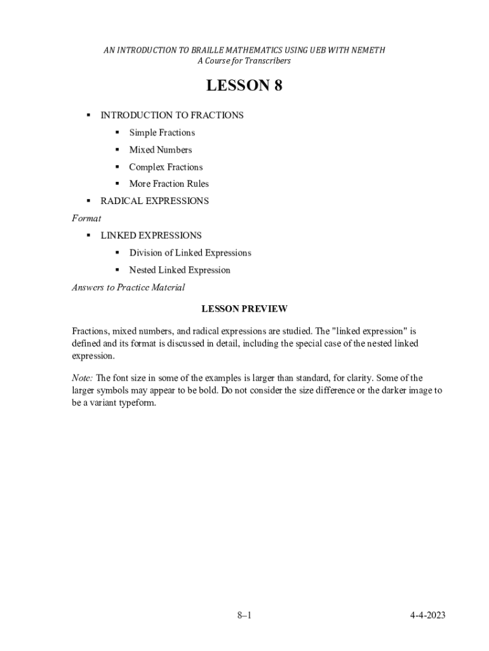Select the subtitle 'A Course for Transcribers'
pos(244,61)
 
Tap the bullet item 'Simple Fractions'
pos(162,133)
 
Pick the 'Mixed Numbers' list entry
pos(160,150)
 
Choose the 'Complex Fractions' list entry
pos(166,167)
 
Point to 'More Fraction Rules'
pos(169,184)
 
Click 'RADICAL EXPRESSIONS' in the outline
pos(154,201)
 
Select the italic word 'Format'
pos(86,218)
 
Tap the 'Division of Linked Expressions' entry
pos(190,253)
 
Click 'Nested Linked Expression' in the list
pos(180,270)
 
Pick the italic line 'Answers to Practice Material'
pos(128,287)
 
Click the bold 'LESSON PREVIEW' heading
pos(245,309)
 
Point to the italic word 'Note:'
pos(83,378)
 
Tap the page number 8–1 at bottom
pos(245,615)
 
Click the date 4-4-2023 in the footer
pos(427,615)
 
